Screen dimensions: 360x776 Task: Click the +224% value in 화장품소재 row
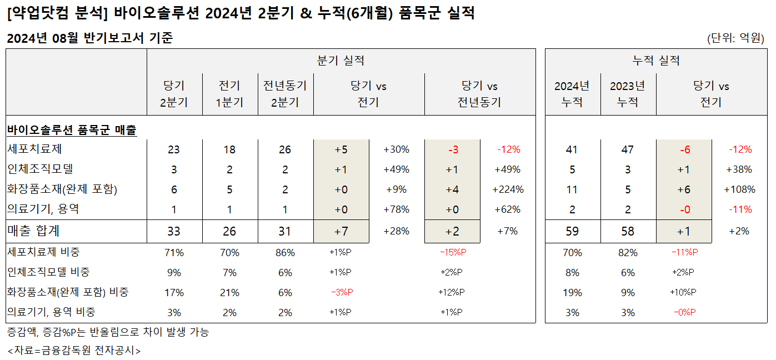click(508, 189)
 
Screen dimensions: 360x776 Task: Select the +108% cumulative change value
click(739, 189)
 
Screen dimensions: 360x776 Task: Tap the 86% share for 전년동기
click(285, 252)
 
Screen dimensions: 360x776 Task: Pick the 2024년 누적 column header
click(572, 94)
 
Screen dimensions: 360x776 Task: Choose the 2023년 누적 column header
click(628, 94)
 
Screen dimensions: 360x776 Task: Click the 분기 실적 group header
click(341, 61)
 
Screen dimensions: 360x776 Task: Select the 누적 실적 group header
click(656, 61)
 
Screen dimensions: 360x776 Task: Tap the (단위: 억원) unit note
click(735, 38)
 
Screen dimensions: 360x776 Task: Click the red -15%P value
click(453, 252)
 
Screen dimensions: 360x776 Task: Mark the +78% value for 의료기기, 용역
click(397, 209)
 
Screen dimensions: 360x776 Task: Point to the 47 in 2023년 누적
click(628, 149)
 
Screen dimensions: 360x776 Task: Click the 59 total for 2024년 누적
click(572, 231)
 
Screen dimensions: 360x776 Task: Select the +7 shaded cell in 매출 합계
click(341, 231)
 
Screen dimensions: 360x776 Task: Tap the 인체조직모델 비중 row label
click(48, 272)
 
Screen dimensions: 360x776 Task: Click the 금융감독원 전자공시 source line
click(74, 351)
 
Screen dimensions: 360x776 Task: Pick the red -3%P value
click(342, 292)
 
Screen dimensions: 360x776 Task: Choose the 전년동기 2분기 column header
click(285, 94)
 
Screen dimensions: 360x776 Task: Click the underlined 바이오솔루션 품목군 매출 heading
click(72, 130)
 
